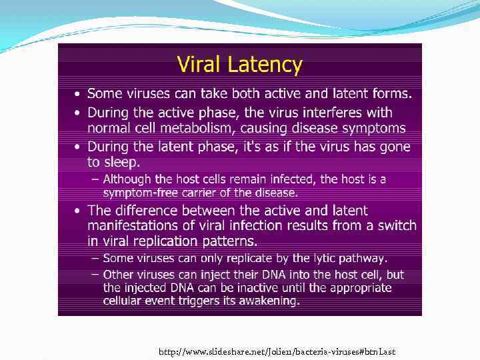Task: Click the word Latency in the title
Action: [x=267, y=65]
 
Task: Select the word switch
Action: [x=398, y=225]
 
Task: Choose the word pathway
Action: [x=363, y=258]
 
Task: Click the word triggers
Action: [x=217, y=301]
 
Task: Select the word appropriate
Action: [x=360, y=288]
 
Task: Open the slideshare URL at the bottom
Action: [x=277, y=351]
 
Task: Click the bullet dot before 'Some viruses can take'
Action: [x=78, y=95]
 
